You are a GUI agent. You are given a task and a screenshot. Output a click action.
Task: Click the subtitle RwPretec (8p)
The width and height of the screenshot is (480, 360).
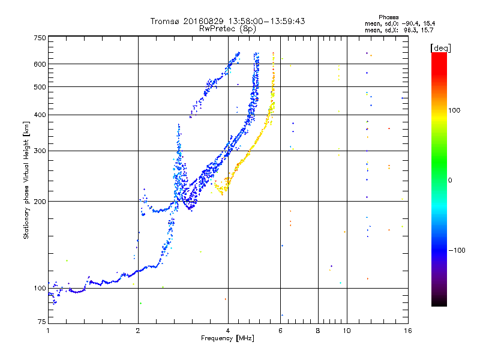(x=227, y=28)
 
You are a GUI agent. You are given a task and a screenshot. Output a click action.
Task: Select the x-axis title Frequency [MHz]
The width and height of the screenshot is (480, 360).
(x=227, y=339)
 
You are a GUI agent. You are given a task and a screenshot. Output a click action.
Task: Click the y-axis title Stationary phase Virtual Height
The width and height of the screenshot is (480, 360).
(x=26, y=180)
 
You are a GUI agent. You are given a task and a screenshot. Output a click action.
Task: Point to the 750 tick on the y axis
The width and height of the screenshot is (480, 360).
(x=40, y=38)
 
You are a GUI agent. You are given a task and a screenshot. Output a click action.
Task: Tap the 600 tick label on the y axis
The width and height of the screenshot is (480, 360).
(x=40, y=64)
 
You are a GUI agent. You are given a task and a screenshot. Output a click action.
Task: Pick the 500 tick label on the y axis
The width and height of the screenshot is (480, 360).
(x=40, y=87)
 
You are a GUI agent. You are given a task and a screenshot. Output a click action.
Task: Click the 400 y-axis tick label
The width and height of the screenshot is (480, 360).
(x=40, y=115)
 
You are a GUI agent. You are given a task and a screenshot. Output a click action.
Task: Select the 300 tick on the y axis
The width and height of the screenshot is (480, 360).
(x=40, y=151)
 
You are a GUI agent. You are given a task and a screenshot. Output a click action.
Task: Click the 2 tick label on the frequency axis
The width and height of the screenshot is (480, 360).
(x=138, y=331)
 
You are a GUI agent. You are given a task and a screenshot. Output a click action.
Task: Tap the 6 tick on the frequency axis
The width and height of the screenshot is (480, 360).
(x=281, y=331)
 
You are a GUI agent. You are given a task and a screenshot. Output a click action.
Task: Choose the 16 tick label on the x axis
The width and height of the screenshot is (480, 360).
(x=407, y=331)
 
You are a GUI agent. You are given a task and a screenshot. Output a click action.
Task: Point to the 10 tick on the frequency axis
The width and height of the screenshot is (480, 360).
(x=346, y=331)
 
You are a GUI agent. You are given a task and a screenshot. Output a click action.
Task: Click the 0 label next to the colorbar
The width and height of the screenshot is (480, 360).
(x=452, y=180)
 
